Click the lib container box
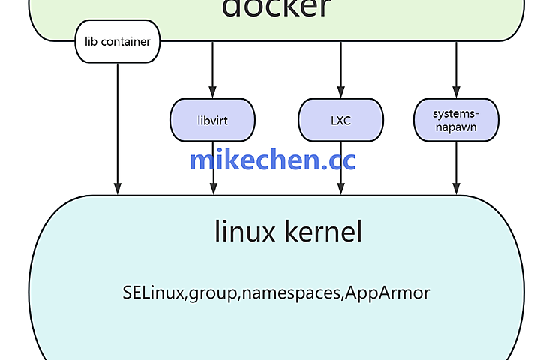point(118,41)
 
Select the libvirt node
point(213,120)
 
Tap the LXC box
point(340,120)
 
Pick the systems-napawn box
point(455,120)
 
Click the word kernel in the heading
point(323,232)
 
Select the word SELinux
point(154,292)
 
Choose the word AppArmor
point(388,292)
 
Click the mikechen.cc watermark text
point(272,160)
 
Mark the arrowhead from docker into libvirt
point(213,92)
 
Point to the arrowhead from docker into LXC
point(340,92)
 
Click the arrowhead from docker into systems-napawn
point(455,92)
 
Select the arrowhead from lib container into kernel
point(118,189)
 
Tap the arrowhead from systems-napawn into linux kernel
point(455,189)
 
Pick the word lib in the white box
point(91,41)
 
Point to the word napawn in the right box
point(455,127)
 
